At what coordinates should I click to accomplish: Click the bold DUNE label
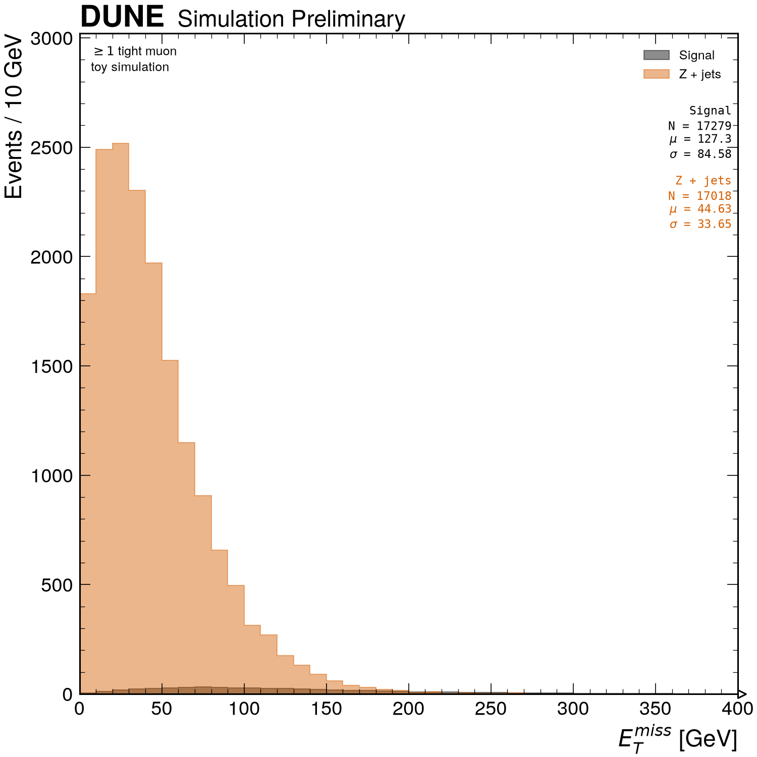coord(122,17)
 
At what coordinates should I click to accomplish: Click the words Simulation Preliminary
coord(291,19)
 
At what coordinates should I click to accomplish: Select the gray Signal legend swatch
coord(656,55)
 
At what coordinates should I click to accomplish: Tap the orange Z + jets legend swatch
coord(656,74)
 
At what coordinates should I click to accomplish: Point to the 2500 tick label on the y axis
coord(52,147)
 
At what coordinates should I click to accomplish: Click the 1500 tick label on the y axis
coord(52,366)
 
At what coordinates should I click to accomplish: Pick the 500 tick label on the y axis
coord(58,584)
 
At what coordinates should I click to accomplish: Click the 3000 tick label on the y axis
coord(52,38)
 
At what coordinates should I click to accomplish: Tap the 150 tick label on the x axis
coord(326,709)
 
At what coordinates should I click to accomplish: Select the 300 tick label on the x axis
coord(573,709)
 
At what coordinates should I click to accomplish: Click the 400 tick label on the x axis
coord(737,709)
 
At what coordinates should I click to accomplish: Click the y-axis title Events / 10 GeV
coord(14,117)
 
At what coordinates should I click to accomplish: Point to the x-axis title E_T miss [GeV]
coord(678,739)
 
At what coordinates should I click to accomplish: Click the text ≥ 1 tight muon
coord(135,51)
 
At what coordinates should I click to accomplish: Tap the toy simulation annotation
coord(130,67)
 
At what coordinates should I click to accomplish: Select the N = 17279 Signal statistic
coord(699,126)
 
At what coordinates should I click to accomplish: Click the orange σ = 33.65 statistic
coord(700,224)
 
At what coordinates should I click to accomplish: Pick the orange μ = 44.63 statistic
coord(700,209)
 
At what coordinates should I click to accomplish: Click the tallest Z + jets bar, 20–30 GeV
coord(121,418)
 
